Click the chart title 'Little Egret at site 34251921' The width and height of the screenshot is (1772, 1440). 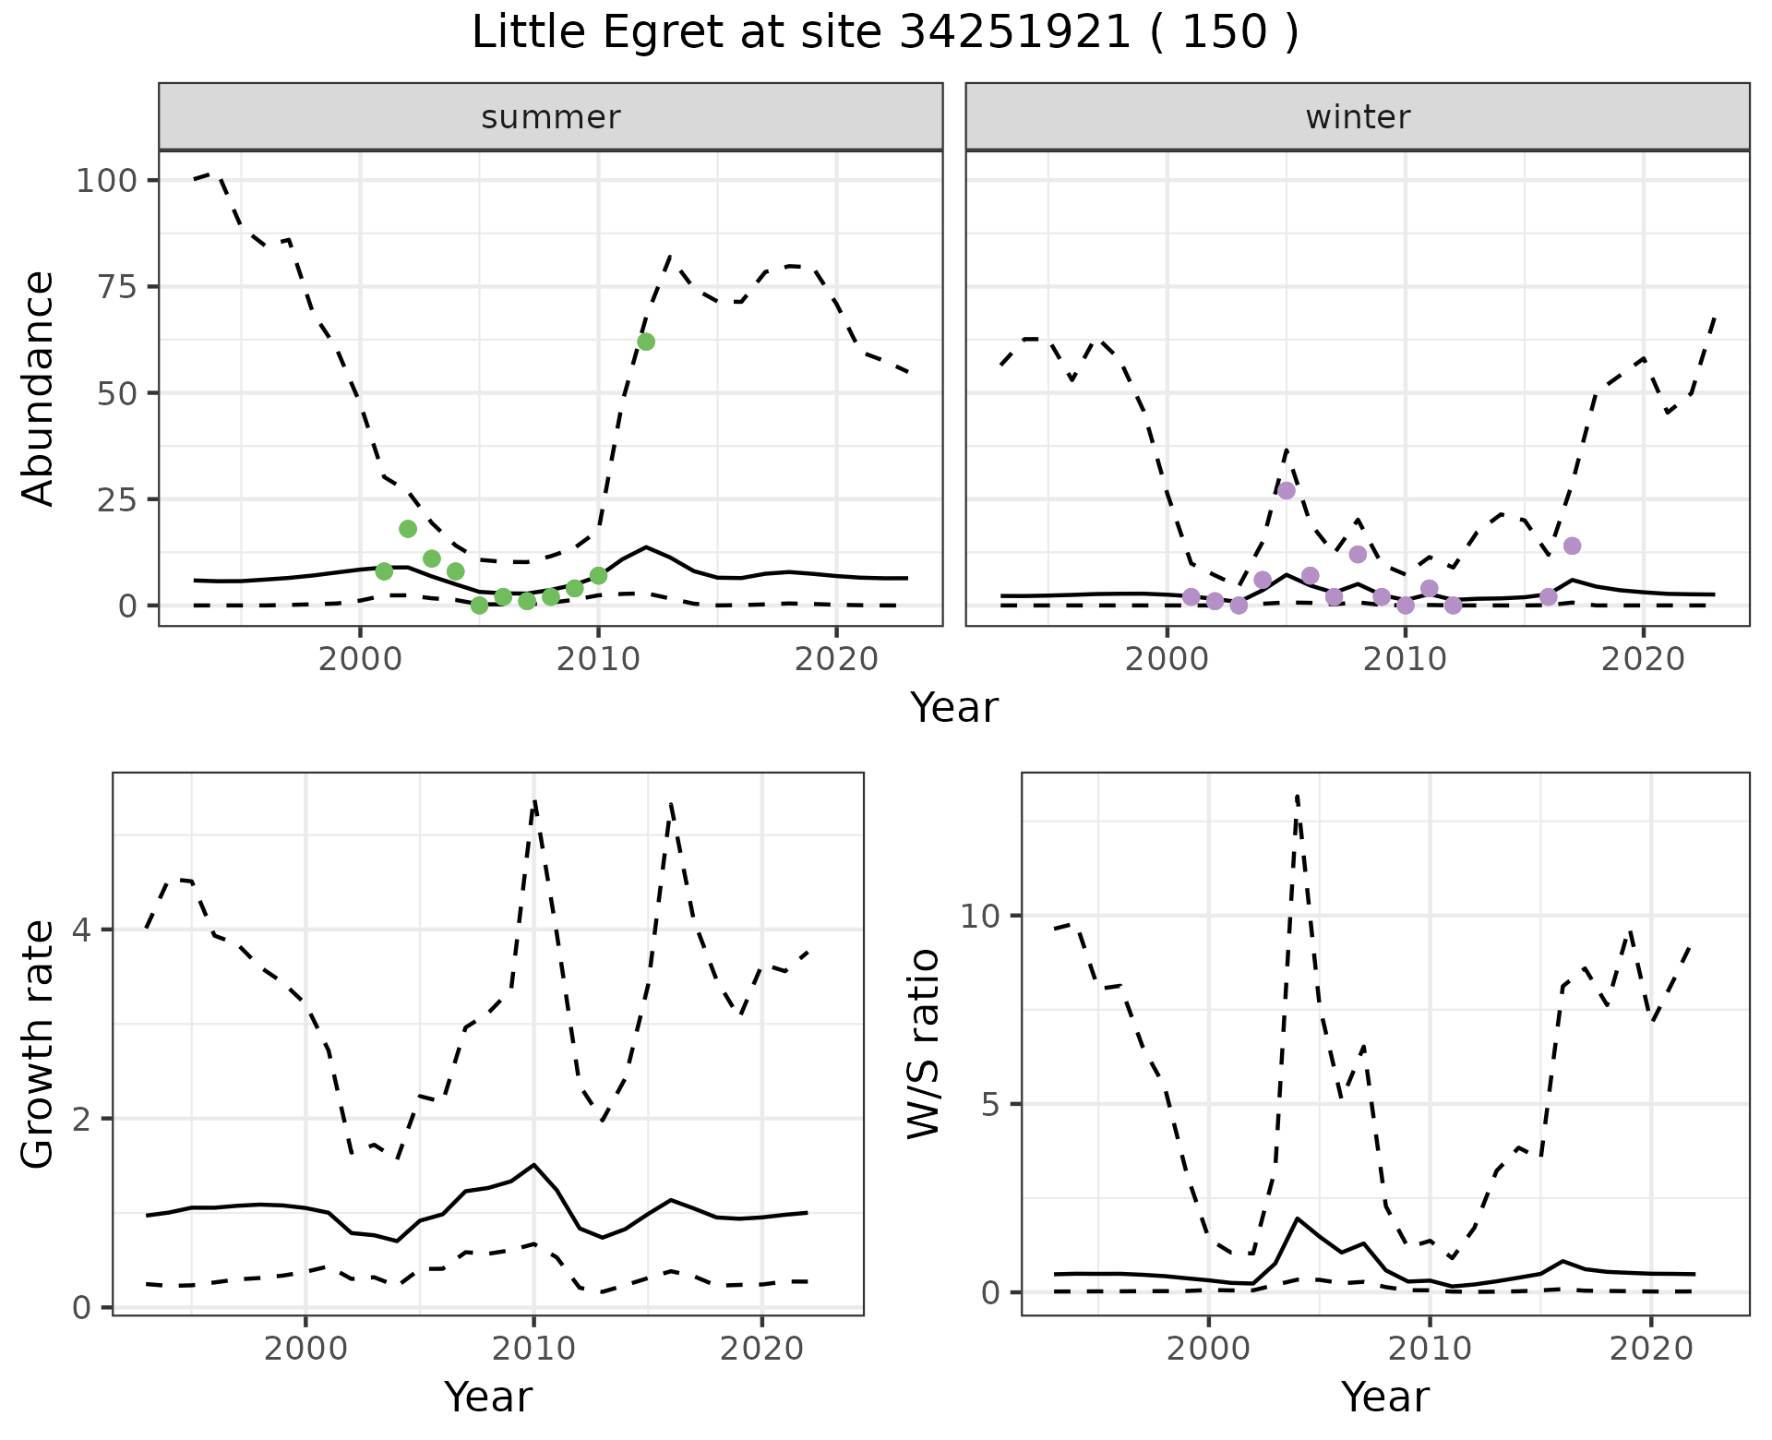coord(884,33)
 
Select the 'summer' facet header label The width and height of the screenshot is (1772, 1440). coord(550,117)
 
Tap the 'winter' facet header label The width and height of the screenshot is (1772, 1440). coord(1357,117)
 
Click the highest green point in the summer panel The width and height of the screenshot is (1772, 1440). coord(646,342)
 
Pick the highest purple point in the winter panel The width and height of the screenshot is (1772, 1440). coord(1287,490)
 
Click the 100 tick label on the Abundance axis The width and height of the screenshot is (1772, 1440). coord(105,180)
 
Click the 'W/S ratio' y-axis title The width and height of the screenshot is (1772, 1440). coord(923,1043)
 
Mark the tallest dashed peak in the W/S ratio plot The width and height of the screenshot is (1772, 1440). coord(1297,796)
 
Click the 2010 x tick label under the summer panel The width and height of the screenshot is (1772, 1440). coord(598,660)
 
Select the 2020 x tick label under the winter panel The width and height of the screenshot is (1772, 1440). coord(1643,660)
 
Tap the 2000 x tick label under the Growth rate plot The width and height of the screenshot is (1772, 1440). coord(305,1349)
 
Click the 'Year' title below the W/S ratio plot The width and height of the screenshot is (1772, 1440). coord(1384,1397)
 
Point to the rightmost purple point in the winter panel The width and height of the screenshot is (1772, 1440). coord(1572,546)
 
